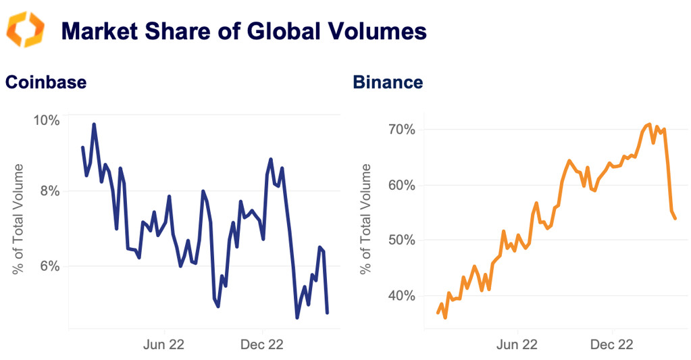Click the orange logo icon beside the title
coord(25,30)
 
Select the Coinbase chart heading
coord(46,82)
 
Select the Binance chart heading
coord(388,82)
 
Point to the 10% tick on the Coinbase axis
coord(46,120)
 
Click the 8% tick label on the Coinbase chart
coord(49,191)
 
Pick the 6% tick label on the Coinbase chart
coord(49,266)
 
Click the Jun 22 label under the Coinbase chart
coord(164,345)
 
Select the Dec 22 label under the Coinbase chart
coord(261,345)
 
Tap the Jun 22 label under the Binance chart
coord(517,345)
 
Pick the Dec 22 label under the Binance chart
coord(611,345)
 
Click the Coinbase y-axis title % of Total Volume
coord(18,219)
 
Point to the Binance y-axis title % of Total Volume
coord(366,219)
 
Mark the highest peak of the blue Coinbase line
coord(94,124)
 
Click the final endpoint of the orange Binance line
coord(675,217)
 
